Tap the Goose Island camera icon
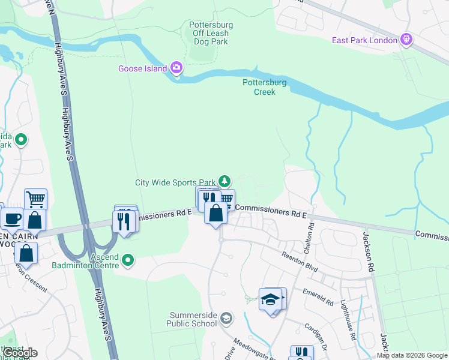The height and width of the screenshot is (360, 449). click(176, 68)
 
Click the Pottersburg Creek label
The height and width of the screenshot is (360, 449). click(265, 88)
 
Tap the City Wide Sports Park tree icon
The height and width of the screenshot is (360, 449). click(224, 181)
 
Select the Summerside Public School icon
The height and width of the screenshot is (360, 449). click(226, 317)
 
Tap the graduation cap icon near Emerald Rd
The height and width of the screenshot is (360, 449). click(271, 298)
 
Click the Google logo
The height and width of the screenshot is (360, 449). click(20, 353)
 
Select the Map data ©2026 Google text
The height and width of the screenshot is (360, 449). click(411, 355)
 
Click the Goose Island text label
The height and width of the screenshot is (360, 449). click(142, 68)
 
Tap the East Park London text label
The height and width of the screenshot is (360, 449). click(365, 40)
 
